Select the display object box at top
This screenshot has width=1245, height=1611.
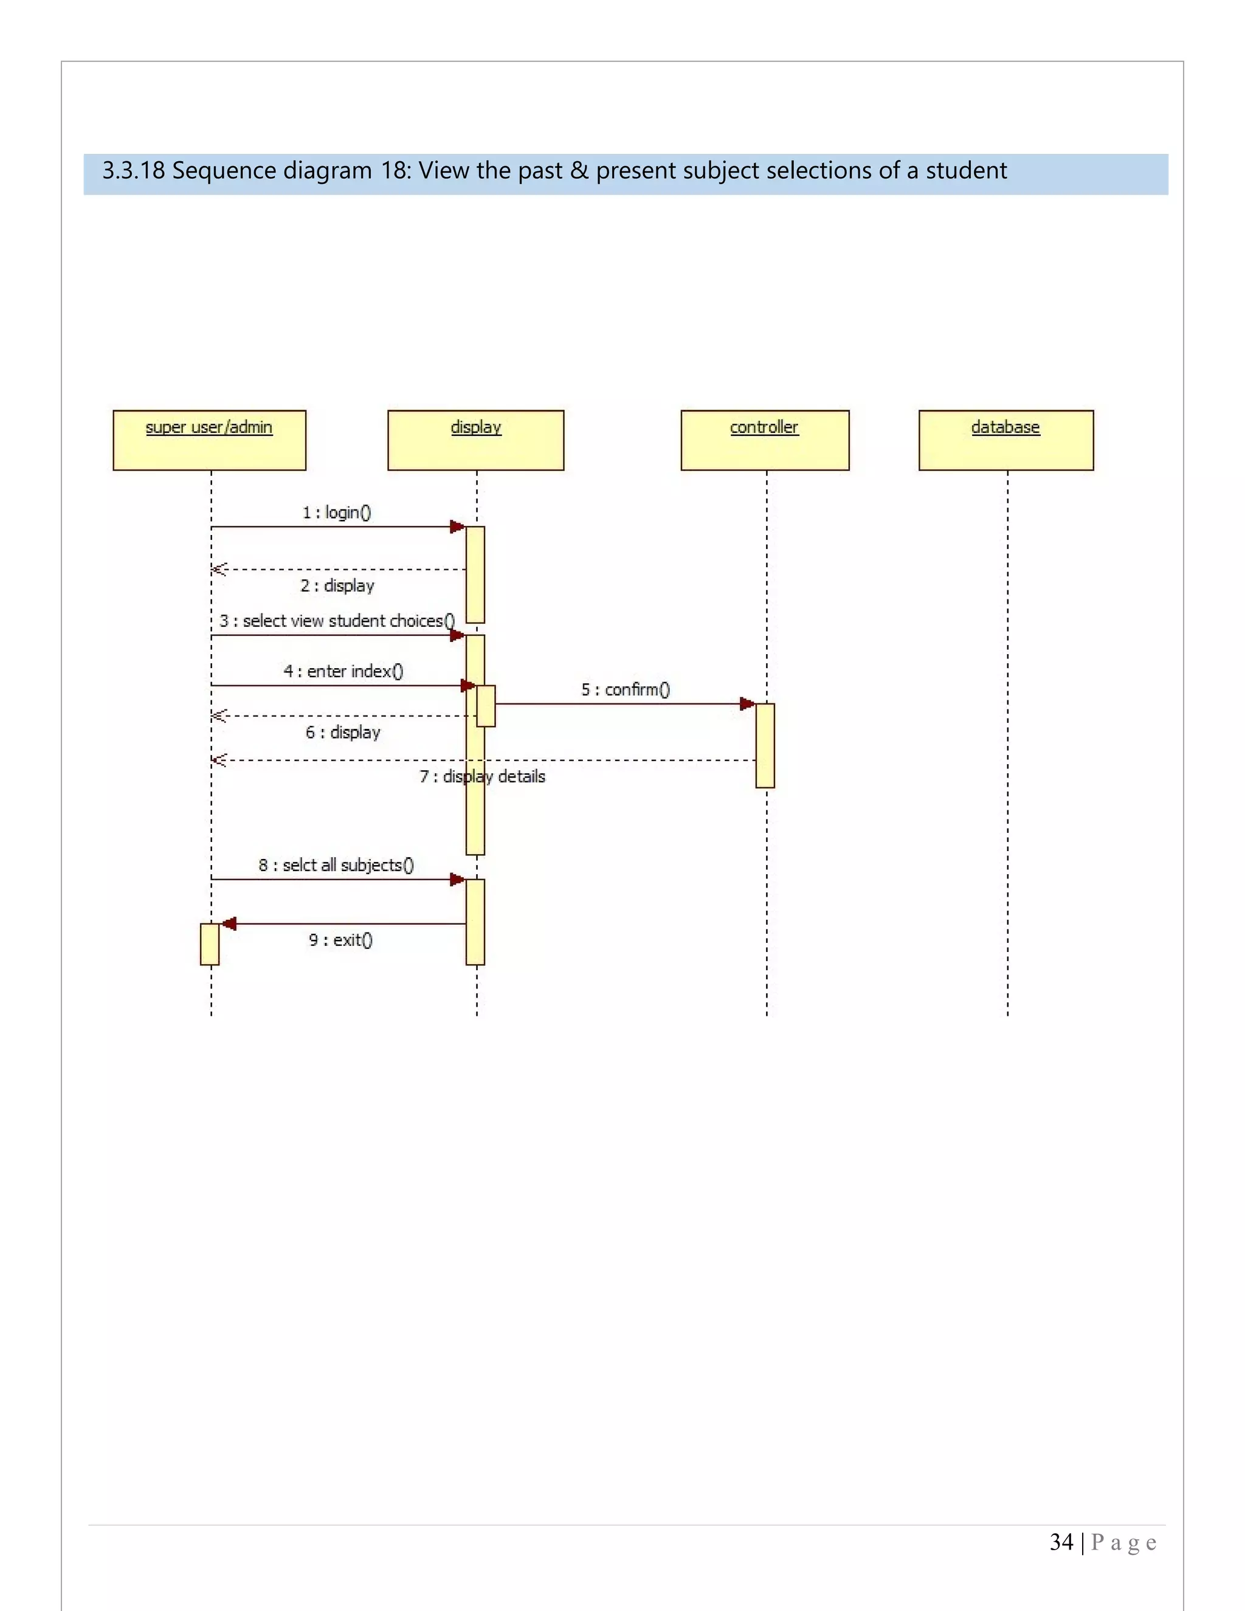tap(476, 440)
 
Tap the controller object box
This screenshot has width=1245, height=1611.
tap(765, 440)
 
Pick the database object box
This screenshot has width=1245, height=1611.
tap(1005, 440)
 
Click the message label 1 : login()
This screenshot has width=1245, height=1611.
tap(336, 512)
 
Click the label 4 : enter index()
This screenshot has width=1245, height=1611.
tap(343, 671)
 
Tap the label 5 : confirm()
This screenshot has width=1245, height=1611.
tap(626, 690)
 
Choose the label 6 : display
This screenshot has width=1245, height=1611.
tap(343, 733)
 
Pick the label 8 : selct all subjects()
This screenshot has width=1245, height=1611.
tap(336, 865)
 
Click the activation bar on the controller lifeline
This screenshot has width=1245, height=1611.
tap(765, 745)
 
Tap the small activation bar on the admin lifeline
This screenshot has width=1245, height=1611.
tap(210, 944)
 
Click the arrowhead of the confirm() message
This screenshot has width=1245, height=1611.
tap(747, 704)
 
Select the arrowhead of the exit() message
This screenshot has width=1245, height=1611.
tap(229, 923)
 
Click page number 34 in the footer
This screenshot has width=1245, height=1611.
tap(1061, 1542)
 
